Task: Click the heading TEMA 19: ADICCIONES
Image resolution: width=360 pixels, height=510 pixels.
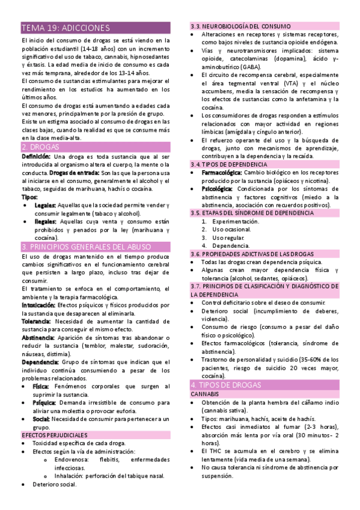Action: coord(66,28)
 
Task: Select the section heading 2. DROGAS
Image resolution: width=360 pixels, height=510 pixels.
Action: coord(40,147)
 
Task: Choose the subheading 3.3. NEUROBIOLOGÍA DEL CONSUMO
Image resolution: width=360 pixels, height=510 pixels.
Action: coord(241,26)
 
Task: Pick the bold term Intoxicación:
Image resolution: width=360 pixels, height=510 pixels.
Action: coord(38,305)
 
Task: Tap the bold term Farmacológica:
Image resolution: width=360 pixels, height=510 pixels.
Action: coord(225,173)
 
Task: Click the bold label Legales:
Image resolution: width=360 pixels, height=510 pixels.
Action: coord(45,205)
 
